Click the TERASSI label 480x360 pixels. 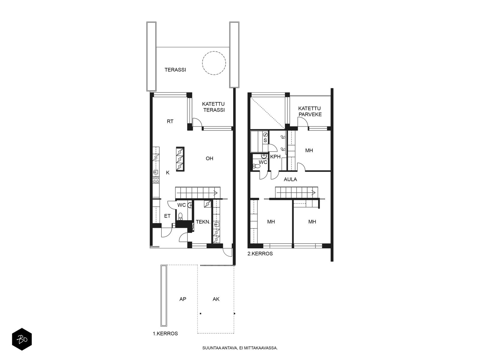175,70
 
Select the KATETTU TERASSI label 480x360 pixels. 213,107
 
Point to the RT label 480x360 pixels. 170,121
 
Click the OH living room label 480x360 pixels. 209,158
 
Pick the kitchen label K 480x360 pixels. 168,173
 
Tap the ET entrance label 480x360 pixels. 167,216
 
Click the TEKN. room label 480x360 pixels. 203,222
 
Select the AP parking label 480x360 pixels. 183,299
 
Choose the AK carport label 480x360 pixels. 216,299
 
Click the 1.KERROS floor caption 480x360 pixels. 165,334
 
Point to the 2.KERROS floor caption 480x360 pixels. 260,253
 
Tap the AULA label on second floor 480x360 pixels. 290,179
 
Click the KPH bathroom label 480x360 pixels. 275,157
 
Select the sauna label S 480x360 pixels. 265,140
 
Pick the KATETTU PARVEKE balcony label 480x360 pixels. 310,111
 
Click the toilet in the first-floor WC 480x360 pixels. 180,216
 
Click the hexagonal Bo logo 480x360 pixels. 22,339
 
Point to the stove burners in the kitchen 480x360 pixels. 156,180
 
